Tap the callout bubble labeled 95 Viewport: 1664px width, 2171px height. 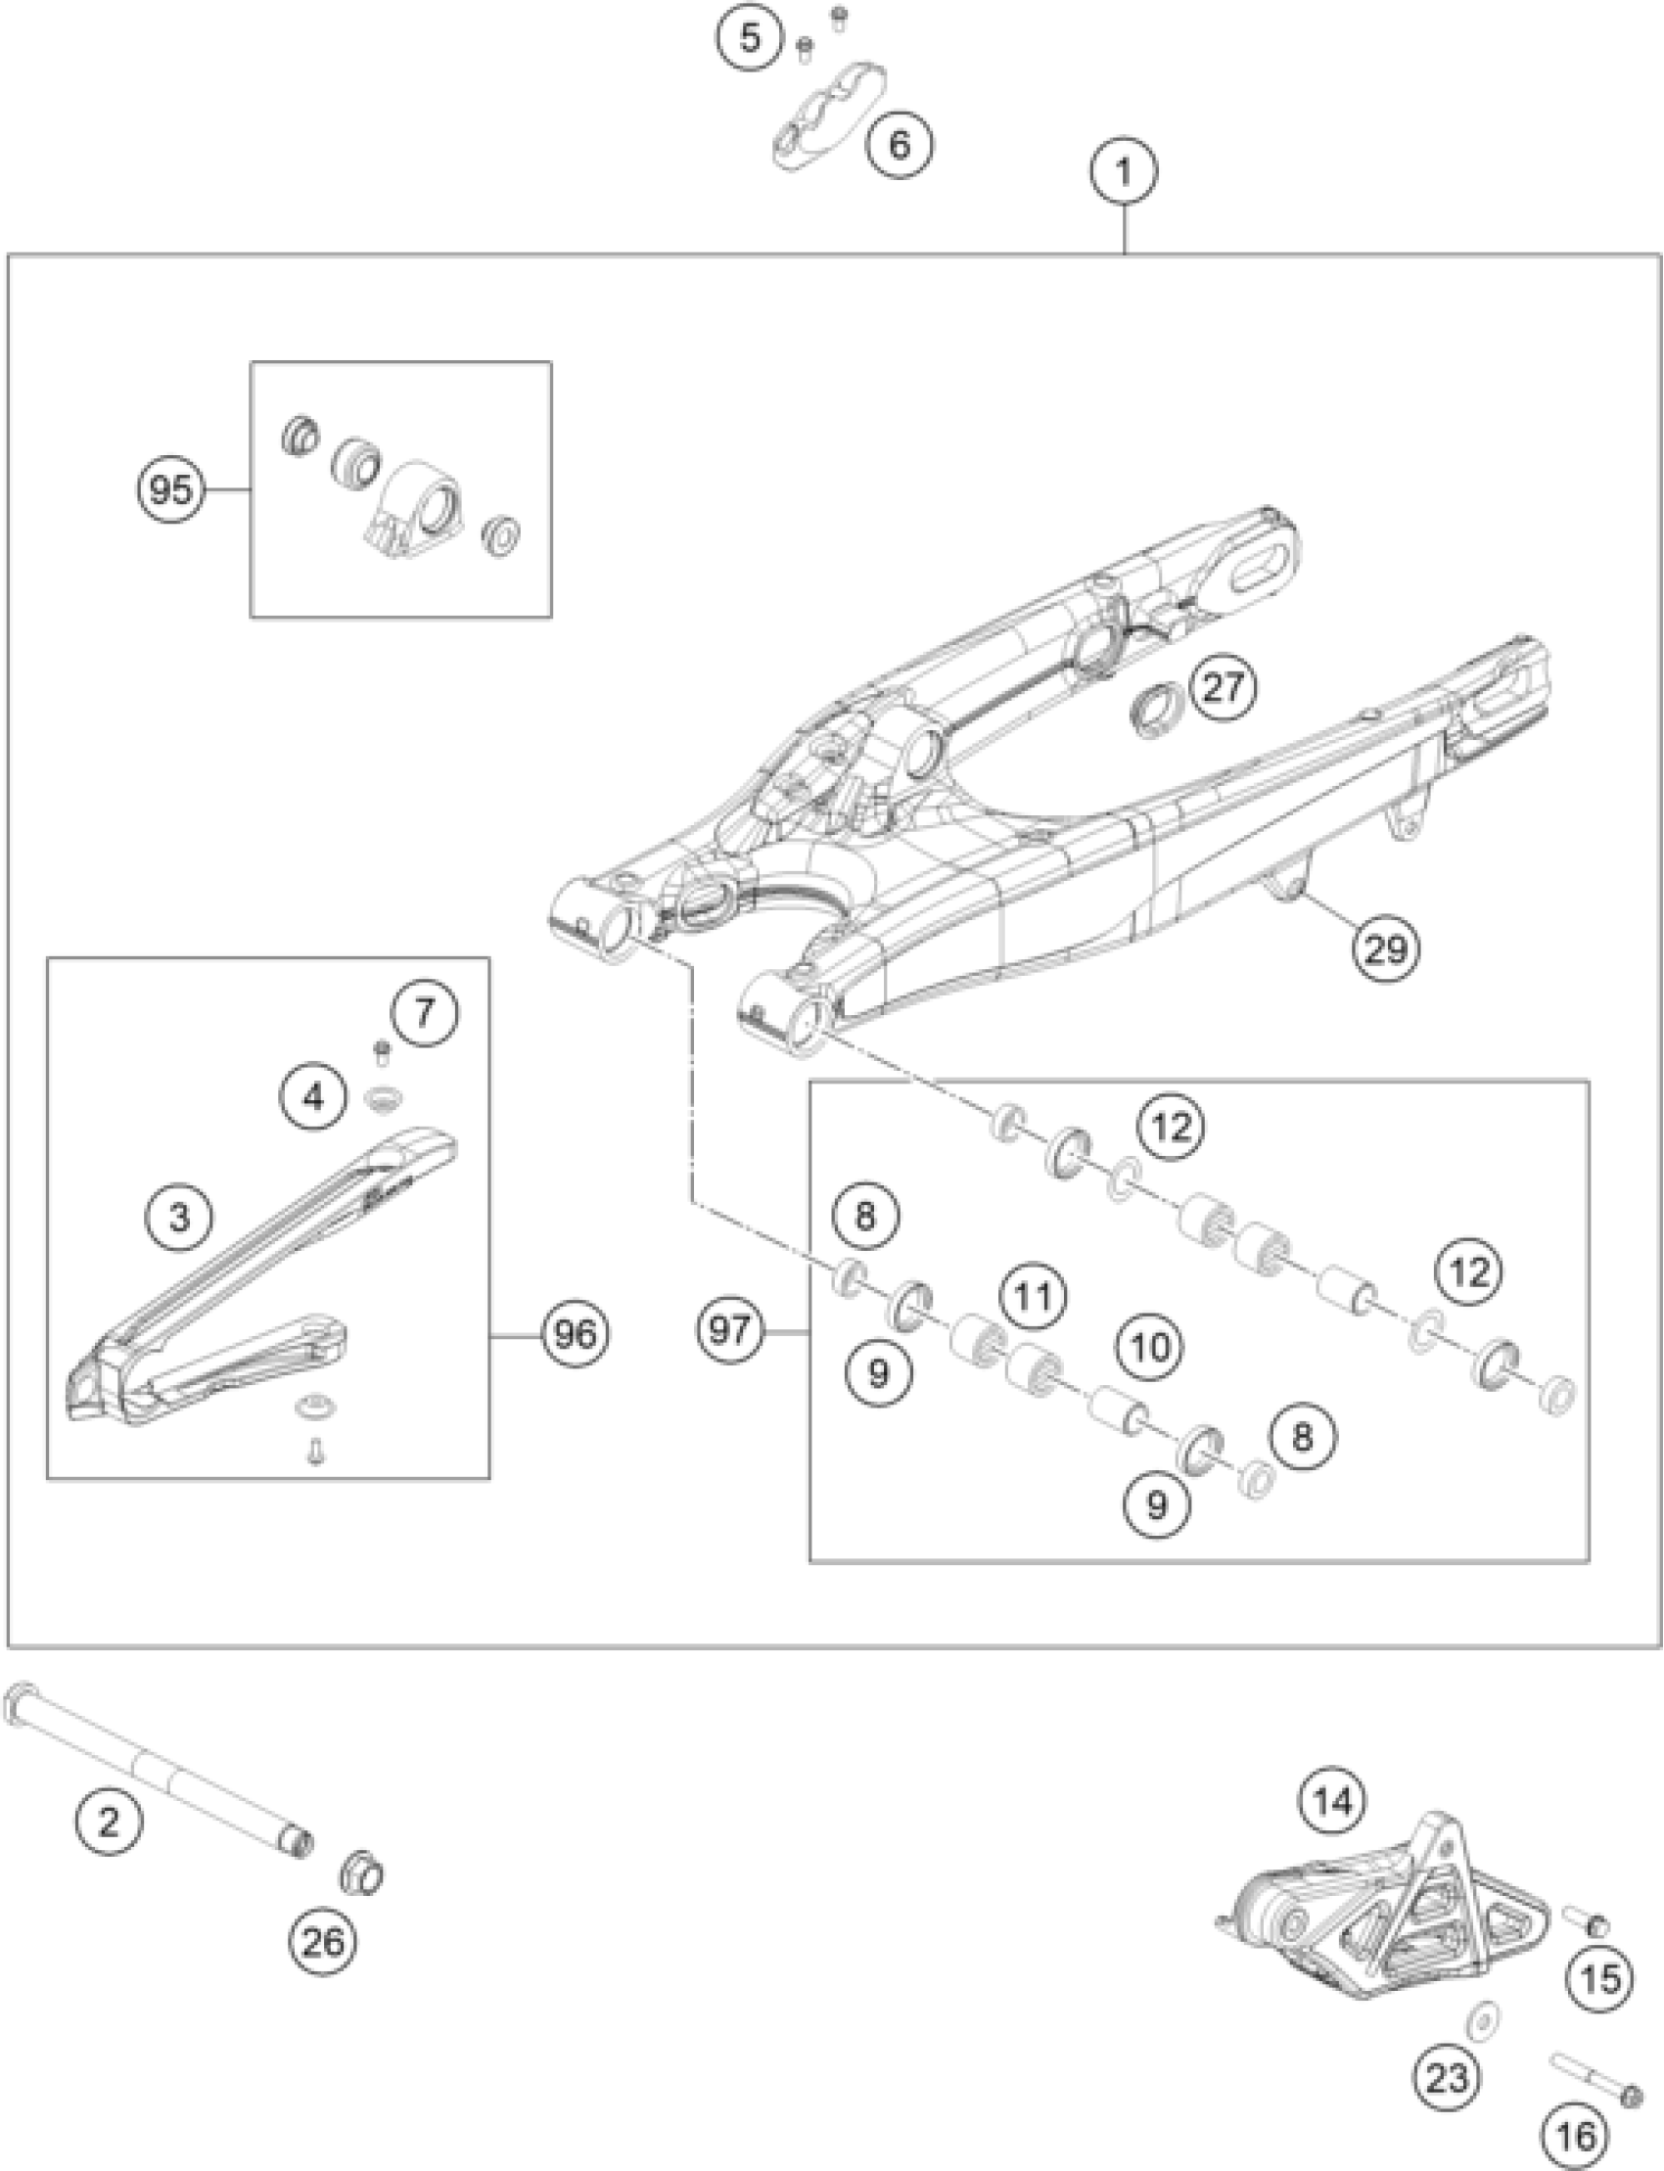tap(170, 489)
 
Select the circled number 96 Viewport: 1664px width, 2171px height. tap(576, 1335)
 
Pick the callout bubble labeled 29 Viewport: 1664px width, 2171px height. tap(1386, 948)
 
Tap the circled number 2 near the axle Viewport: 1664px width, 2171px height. tap(109, 1821)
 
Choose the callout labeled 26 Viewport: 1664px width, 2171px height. tap(323, 1942)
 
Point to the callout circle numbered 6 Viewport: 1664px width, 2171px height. tap(899, 145)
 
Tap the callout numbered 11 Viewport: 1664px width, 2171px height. tap(1034, 1296)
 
